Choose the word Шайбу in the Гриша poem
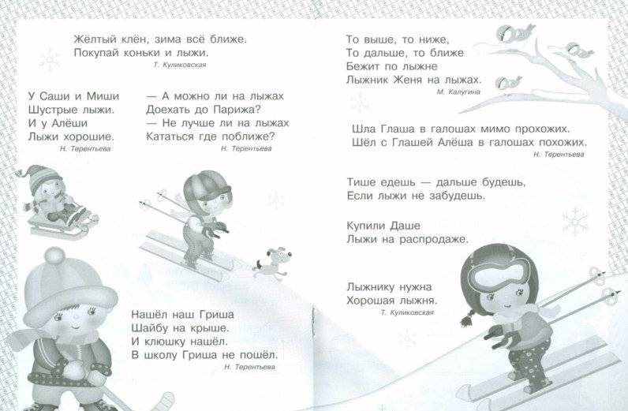[x=151, y=327]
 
